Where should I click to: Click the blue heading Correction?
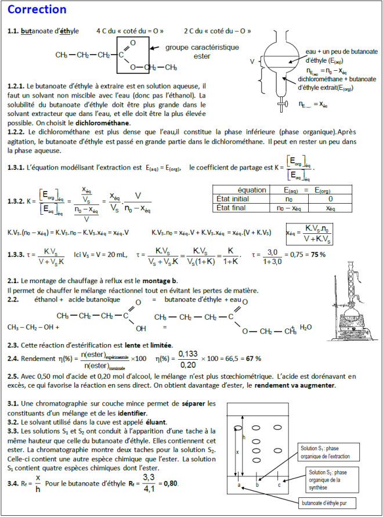click(38, 10)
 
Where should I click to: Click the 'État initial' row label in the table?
click(233, 198)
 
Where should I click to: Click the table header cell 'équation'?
click(252, 190)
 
